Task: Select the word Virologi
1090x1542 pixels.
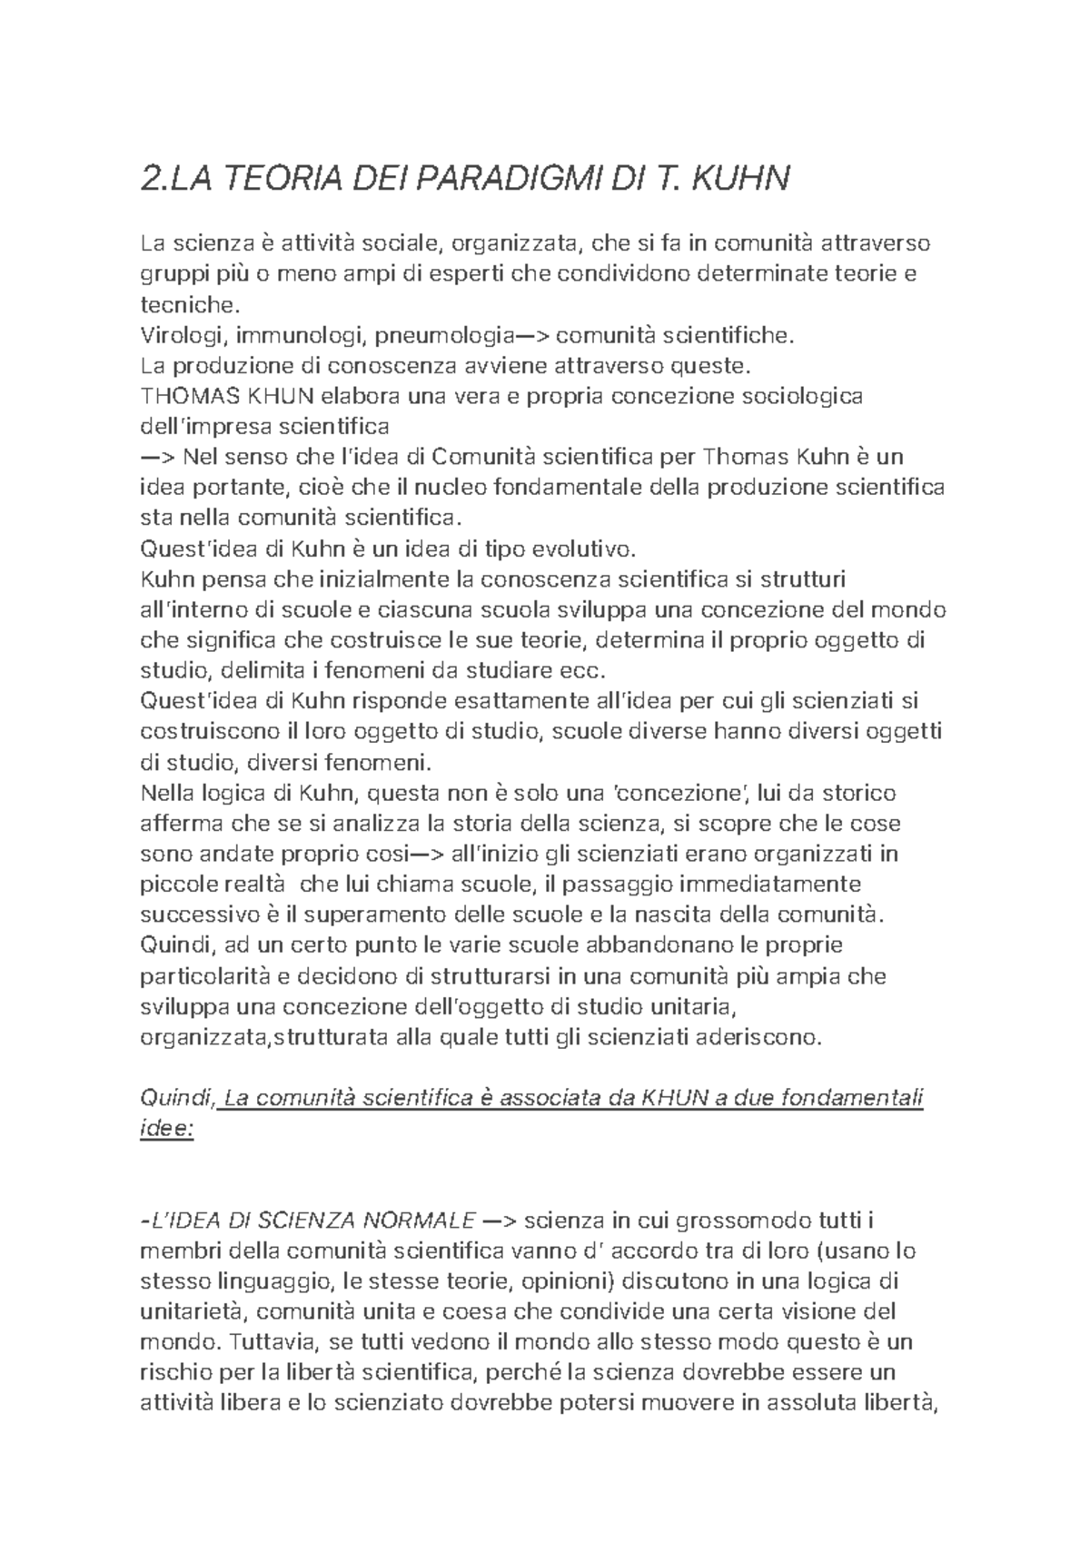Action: [183, 337]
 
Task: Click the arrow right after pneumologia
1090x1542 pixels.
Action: [532, 337]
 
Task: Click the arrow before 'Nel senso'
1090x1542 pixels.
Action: [157, 458]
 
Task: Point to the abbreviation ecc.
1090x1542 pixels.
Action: [581, 671]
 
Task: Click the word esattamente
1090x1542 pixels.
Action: [511, 702]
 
